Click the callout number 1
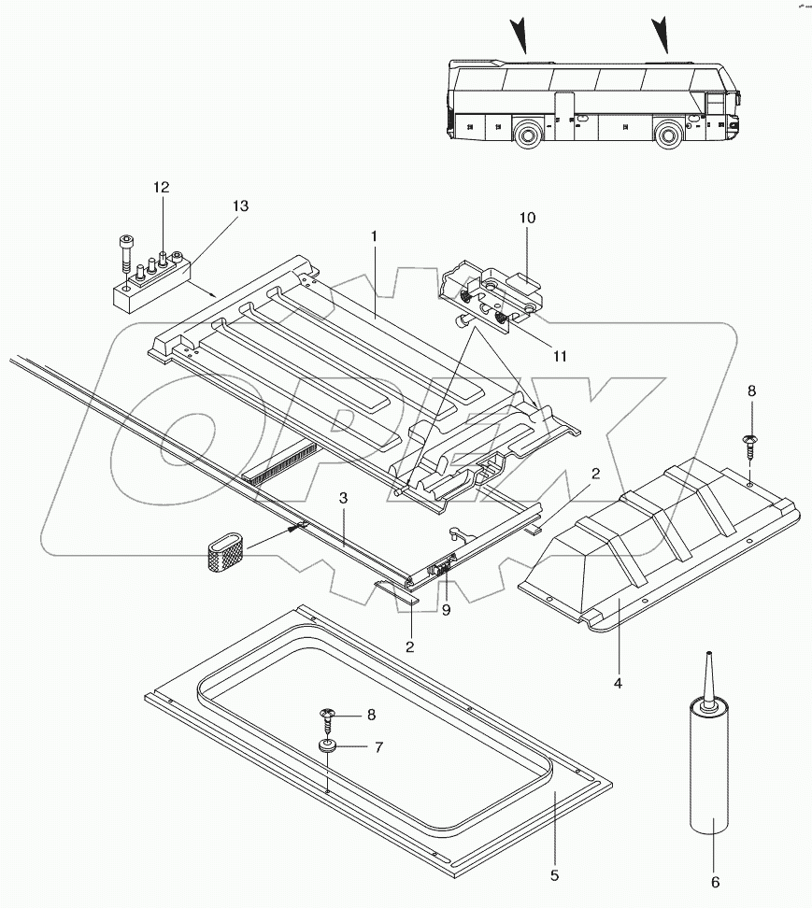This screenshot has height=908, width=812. tap(373, 237)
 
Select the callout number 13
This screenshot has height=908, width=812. tap(240, 206)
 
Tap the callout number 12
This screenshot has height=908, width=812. tap(162, 188)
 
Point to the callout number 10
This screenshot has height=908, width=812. tap(528, 218)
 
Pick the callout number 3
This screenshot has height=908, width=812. tap(344, 499)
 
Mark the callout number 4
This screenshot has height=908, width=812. tap(618, 683)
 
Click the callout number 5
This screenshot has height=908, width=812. tap(554, 875)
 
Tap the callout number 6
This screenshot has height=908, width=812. tap(716, 881)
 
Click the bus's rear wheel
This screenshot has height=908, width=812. tap(528, 135)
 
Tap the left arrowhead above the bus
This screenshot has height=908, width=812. tap(520, 35)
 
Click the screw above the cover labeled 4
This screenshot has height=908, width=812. tap(749, 442)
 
